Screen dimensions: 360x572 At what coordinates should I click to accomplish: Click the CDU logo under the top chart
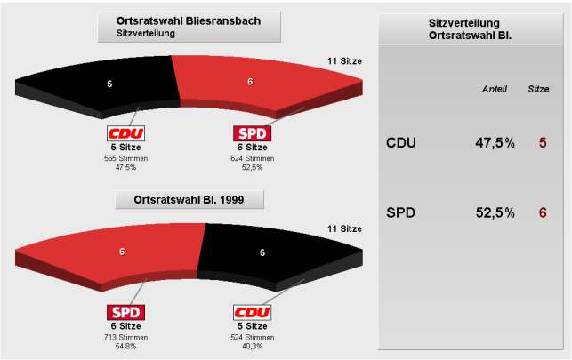pos(125,134)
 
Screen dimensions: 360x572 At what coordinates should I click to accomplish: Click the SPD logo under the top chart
pos(252,134)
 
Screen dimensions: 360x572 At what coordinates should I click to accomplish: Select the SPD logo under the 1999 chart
pos(125,313)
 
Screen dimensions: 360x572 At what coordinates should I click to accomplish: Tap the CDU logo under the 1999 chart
pos(252,313)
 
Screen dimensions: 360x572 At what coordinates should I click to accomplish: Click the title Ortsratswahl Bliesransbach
pos(189,20)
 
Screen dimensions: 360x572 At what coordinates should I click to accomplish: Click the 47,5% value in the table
pos(495,142)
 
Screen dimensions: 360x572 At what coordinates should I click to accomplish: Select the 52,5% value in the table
pos(495,212)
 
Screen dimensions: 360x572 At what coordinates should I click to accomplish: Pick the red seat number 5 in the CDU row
pos(543,142)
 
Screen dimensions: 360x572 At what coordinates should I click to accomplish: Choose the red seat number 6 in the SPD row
pos(543,212)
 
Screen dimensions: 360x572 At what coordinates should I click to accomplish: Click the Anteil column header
pos(495,90)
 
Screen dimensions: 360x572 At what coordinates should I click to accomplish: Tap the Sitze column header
pos(539,90)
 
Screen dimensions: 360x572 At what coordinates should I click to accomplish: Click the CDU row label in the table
pos(401,142)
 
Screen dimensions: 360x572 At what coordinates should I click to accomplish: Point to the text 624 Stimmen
pos(252,157)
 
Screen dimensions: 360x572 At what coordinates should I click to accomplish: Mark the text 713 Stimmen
pos(125,336)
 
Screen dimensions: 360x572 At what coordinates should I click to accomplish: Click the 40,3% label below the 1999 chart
pos(252,346)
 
